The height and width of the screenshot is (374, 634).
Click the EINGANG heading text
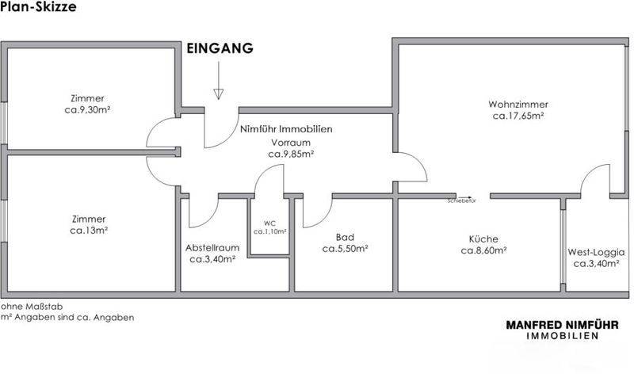tap(220, 48)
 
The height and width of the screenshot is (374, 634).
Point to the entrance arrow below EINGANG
tap(218, 83)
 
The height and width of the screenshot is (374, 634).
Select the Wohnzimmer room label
tap(518, 104)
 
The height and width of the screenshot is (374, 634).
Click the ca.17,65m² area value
tap(518, 116)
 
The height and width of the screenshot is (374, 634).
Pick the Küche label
tap(483, 238)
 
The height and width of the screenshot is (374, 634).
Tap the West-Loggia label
tap(596, 253)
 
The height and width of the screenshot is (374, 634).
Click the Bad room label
tap(345, 237)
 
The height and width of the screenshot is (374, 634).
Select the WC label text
tap(269, 223)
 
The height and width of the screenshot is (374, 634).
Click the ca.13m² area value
tap(88, 231)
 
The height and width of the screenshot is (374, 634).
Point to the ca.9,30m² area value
tap(88, 111)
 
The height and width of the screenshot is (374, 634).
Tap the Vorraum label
tap(285, 142)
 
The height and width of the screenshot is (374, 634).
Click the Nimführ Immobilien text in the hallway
tap(285, 129)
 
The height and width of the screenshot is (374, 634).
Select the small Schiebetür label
tap(460, 201)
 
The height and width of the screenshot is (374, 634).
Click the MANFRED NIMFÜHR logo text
tap(563, 324)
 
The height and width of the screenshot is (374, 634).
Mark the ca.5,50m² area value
tap(345, 249)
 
